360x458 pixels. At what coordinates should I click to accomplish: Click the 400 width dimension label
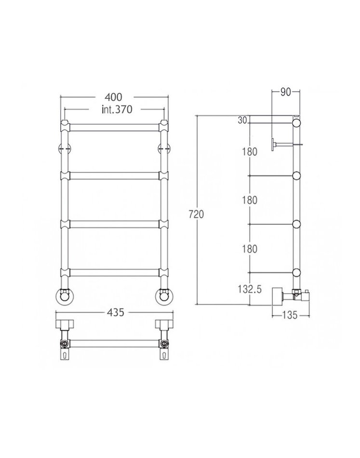click(113, 97)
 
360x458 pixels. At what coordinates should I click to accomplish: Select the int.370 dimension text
click(117, 109)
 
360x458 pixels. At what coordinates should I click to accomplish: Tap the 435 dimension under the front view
click(116, 312)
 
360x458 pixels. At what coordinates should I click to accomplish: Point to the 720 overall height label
click(196, 214)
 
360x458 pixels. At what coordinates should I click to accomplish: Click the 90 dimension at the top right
click(286, 92)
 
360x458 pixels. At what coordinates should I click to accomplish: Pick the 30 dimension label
click(242, 120)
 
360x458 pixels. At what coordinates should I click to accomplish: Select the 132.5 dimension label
click(250, 289)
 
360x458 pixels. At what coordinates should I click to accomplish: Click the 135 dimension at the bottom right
click(290, 315)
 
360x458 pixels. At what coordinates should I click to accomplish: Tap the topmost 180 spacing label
click(250, 151)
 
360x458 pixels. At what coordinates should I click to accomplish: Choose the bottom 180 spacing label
click(250, 249)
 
